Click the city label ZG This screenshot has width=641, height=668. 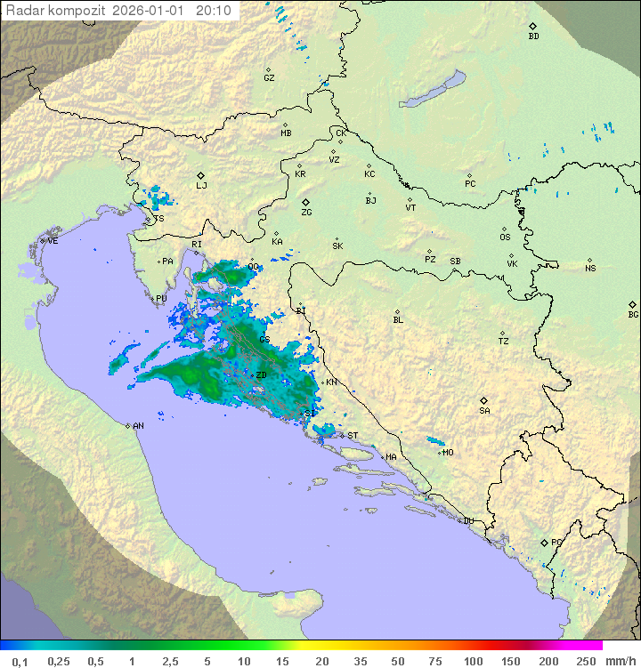pyautogui.click(x=306, y=213)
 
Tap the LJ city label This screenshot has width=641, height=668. pyautogui.click(x=201, y=186)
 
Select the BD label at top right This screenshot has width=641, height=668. pyautogui.click(x=533, y=36)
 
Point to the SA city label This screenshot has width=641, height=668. pyautogui.click(x=484, y=411)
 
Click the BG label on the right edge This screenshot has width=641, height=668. pyautogui.click(x=633, y=315)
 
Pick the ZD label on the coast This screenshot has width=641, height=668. pyautogui.click(x=261, y=375)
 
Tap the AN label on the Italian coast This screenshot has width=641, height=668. pyautogui.click(x=138, y=426)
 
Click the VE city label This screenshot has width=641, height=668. pyautogui.click(x=53, y=241)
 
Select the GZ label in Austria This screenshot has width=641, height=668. pyautogui.click(x=269, y=78)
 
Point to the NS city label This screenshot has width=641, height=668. pyautogui.click(x=590, y=269)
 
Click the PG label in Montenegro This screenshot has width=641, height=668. pyautogui.click(x=556, y=542)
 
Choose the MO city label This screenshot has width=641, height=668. pyautogui.click(x=448, y=453)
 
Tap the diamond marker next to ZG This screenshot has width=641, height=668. pyautogui.click(x=305, y=203)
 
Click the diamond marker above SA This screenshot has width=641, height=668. pyautogui.click(x=484, y=400)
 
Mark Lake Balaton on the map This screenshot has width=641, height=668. pyautogui.click(x=432, y=90)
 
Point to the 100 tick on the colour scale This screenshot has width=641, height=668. pyautogui.click(x=473, y=661)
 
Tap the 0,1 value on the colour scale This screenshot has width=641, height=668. pyautogui.click(x=20, y=661)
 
